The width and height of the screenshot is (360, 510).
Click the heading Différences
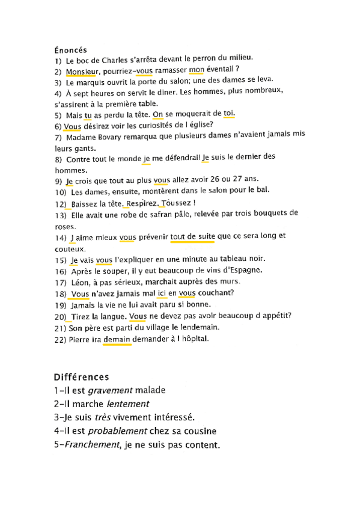click(x=81, y=377)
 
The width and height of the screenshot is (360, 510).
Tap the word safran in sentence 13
click(x=144, y=214)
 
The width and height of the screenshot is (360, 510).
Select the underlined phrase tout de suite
click(x=192, y=237)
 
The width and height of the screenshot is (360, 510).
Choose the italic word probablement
click(x=118, y=431)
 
